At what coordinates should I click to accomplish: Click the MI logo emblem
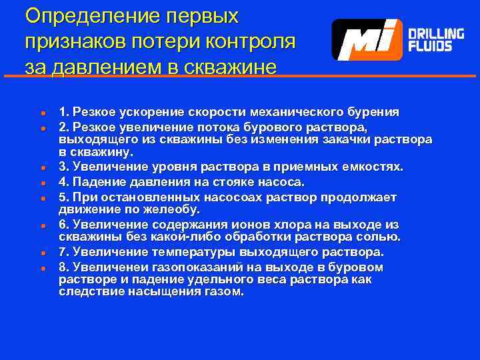pyautogui.click(x=367, y=40)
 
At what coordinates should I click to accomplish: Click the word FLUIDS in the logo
pyautogui.click(x=430, y=47)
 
